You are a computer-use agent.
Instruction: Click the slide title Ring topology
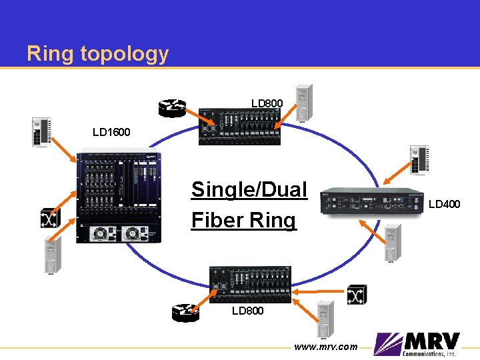tap(97, 53)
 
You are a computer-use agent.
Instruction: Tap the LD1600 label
tap(111, 132)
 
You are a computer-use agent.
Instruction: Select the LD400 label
tap(444, 204)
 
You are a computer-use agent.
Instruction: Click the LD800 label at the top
tap(267, 103)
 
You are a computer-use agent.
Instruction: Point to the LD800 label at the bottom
tap(247, 311)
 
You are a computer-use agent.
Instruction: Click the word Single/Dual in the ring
tap(249, 189)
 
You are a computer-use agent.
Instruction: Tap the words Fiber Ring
tap(243, 219)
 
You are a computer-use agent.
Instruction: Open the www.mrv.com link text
tap(325, 347)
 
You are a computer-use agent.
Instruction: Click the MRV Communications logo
tap(417, 345)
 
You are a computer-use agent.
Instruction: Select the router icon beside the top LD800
tap(172, 108)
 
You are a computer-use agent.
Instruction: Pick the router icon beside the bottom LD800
tap(185, 311)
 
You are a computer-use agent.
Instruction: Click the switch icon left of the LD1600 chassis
tap(50, 217)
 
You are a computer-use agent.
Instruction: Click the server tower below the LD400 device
tap(391, 242)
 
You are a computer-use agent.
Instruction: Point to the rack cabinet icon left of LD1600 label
tap(41, 131)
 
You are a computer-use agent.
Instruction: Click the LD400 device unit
tap(373, 203)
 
